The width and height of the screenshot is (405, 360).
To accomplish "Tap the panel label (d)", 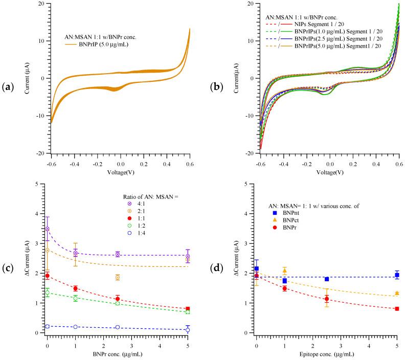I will click(x=215, y=264).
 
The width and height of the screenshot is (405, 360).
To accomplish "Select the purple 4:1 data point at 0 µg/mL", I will click(x=48, y=229).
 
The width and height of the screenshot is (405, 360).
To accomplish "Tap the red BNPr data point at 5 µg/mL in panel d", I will click(x=397, y=309).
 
